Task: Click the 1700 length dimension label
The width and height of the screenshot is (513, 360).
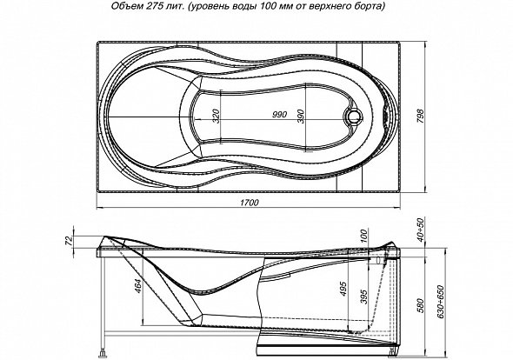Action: (x=250, y=203)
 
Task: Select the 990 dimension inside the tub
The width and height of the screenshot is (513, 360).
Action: (x=279, y=115)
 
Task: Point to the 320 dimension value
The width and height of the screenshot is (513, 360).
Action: (x=216, y=117)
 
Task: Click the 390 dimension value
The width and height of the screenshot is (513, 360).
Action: (x=301, y=117)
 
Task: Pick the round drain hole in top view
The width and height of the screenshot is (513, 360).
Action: (x=353, y=116)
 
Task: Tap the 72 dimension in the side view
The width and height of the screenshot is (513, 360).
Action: (x=69, y=240)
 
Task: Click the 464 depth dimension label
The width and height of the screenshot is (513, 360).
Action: (x=138, y=286)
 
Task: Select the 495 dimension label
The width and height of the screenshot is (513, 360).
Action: (x=343, y=289)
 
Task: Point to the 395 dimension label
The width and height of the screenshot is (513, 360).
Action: (x=364, y=297)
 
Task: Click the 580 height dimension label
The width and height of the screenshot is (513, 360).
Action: (x=420, y=305)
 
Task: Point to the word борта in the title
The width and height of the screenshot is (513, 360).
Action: (x=373, y=7)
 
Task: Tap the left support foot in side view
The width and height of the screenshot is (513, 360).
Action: (x=103, y=354)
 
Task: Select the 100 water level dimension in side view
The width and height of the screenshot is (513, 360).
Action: (x=364, y=236)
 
